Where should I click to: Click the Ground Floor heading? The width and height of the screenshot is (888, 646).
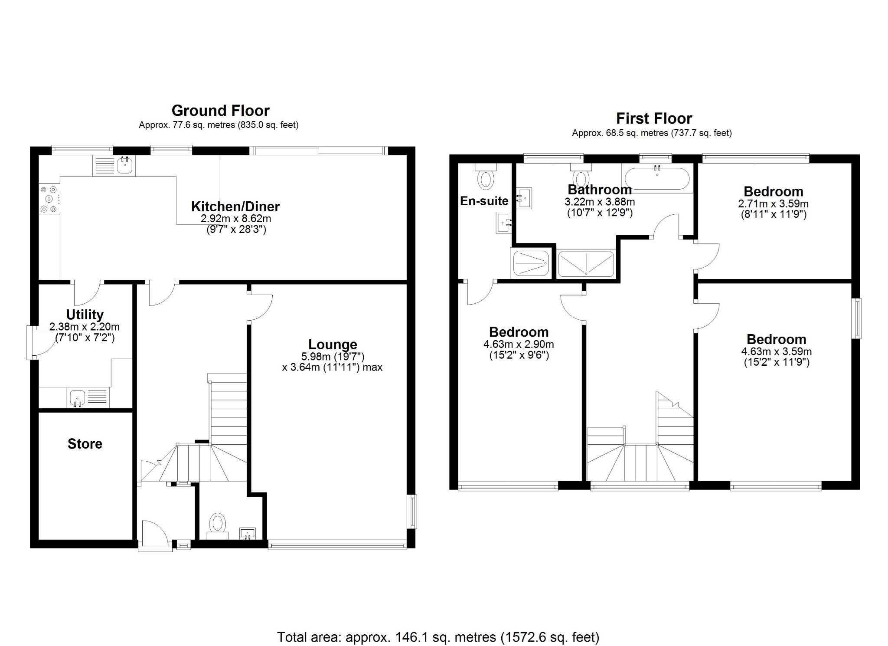pyautogui.click(x=220, y=111)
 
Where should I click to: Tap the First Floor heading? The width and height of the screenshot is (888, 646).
pyautogui.click(x=654, y=118)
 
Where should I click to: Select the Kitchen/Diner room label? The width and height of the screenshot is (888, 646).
pyautogui.click(x=235, y=207)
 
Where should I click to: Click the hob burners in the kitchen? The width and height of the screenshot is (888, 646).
pyautogui.click(x=49, y=199)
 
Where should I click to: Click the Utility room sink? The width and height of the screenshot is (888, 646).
pyautogui.click(x=78, y=397)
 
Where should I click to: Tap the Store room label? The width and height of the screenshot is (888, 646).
pyautogui.click(x=85, y=444)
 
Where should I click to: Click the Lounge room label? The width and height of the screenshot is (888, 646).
pyautogui.click(x=333, y=344)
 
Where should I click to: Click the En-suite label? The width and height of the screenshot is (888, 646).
pyautogui.click(x=484, y=201)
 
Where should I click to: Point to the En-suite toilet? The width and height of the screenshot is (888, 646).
pyautogui.click(x=485, y=178)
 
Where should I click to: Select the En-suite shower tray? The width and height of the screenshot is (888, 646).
pyautogui.click(x=531, y=263)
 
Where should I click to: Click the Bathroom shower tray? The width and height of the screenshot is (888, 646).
pyautogui.click(x=586, y=263)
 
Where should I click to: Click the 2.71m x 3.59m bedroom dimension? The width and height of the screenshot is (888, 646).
pyautogui.click(x=773, y=203)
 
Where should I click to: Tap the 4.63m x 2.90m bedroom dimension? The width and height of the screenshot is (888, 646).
pyautogui.click(x=519, y=344)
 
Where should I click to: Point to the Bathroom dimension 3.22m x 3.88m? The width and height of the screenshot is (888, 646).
pyautogui.click(x=600, y=202)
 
